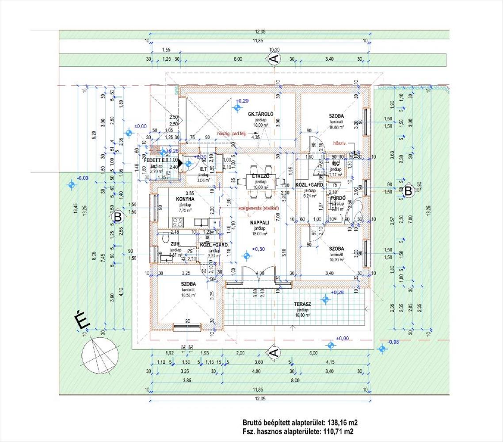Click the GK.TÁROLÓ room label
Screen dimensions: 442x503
coord(261,114)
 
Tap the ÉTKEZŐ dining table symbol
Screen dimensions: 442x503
coord(261,180)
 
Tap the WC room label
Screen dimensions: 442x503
coord(335,164)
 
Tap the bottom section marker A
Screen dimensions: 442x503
coord(274,352)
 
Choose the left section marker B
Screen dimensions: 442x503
coord(118,217)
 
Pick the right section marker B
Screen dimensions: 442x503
coord(408,191)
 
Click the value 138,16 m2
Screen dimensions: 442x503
coord(338,423)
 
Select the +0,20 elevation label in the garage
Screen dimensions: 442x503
coord(242,101)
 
